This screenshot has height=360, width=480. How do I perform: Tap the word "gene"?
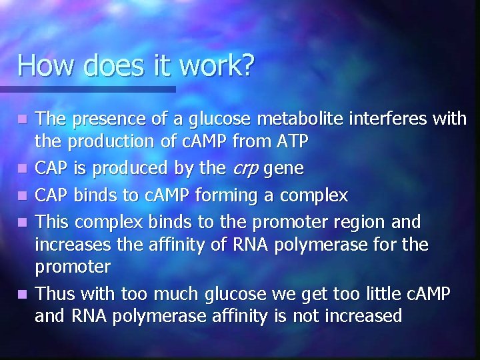(x=285, y=169)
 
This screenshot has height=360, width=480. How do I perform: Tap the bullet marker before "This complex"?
(x=23, y=218)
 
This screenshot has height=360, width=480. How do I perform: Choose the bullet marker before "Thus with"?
(x=23, y=294)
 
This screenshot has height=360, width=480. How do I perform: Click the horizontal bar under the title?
(x=87, y=89)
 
